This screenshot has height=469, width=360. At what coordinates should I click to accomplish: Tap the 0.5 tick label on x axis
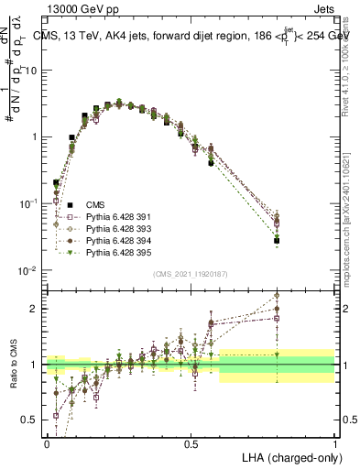click(191, 443)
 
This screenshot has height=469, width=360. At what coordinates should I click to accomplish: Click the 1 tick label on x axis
click(335, 443)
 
